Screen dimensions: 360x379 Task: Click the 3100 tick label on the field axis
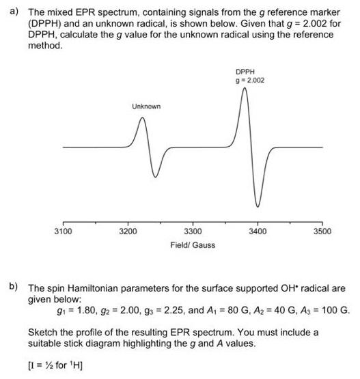(63, 232)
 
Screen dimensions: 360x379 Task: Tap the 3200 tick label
(128, 232)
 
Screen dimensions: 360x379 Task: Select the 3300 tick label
(193, 232)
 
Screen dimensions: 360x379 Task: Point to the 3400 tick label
(258, 232)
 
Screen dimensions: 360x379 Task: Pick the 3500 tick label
(322, 232)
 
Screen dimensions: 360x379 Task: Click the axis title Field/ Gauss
(193, 244)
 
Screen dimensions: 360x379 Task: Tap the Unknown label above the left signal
(146, 107)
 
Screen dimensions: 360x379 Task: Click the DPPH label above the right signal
(245, 72)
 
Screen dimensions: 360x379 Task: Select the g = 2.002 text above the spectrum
(250, 81)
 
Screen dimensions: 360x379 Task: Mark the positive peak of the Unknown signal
(142, 119)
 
